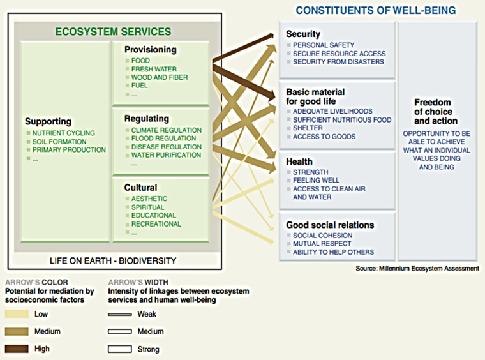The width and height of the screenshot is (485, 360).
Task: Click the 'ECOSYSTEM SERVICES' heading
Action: (x=113, y=31)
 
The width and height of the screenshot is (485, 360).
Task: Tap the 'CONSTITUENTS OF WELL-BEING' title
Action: (x=375, y=10)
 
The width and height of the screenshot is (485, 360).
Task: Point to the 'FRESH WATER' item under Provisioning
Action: (x=154, y=69)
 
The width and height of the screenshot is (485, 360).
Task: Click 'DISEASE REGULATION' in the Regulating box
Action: (x=166, y=147)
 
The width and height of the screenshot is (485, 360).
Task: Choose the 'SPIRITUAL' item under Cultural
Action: (x=147, y=207)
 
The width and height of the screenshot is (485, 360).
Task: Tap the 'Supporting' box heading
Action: (x=48, y=121)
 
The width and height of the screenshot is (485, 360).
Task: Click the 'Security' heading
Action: (x=303, y=34)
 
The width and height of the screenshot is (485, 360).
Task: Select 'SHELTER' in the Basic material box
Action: (x=308, y=128)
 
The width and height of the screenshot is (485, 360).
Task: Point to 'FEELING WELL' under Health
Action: (x=317, y=181)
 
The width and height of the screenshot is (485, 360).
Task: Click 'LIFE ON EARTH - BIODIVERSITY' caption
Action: (x=113, y=260)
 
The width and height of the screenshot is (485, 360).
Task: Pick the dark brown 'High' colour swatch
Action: (x=17, y=349)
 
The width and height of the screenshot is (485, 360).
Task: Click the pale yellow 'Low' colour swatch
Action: (x=17, y=314)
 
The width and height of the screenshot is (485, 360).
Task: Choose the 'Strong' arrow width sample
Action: (x=119, y=349)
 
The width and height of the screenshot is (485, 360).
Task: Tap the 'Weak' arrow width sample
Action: (x=119, y=314)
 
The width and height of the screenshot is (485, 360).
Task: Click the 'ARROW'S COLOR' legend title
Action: (x=36, y=282)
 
